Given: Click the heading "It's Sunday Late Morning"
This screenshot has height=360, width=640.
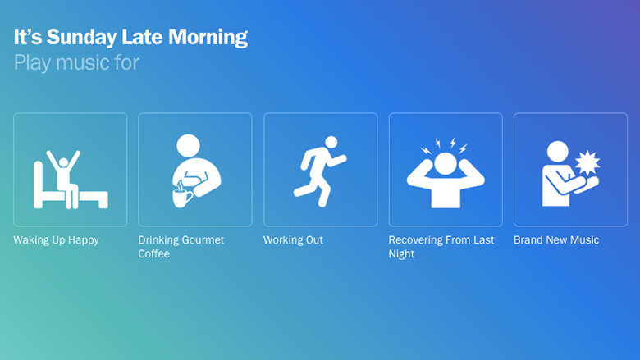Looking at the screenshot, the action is point(130,38).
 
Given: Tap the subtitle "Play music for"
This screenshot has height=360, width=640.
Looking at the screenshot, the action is point(77,63).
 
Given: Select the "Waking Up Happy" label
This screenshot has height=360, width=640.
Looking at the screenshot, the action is point(57,240).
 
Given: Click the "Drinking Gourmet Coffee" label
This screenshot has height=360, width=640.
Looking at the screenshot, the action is point(181,247).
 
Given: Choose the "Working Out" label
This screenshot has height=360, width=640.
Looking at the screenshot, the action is point(293,239).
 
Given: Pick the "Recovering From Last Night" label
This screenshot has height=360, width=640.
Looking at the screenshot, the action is point(441,247).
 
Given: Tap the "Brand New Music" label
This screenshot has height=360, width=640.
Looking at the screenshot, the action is point(556,239).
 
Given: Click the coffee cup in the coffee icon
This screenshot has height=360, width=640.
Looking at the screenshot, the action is point(181,198).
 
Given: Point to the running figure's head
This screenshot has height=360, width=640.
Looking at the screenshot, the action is point(331,143).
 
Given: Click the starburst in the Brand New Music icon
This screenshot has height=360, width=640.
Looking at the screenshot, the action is point(587,162).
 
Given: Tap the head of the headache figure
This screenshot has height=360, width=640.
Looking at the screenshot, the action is point(446,164).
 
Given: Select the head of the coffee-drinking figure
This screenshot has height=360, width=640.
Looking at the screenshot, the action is point(188,145).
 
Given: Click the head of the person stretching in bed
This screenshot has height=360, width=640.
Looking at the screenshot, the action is point(63,162).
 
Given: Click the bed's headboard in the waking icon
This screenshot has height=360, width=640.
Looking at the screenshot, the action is point(38,185).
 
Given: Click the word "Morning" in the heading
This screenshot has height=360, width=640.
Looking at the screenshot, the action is point(208,38).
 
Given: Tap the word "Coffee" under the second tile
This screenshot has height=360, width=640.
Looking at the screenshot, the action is point(154,253).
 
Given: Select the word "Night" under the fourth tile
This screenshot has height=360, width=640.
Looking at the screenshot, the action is point(401,254).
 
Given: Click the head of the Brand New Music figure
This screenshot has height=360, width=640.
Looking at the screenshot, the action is point(558,151).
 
